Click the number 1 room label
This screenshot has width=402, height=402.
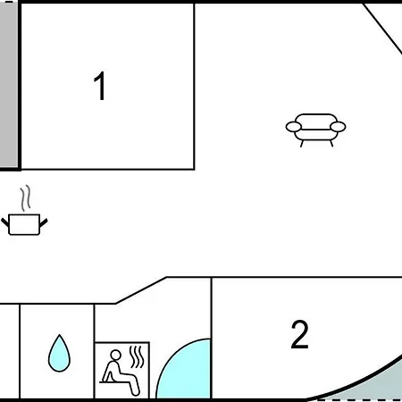pos(100,86)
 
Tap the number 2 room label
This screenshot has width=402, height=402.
pos(299,334)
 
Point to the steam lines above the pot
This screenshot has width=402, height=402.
pos(26,198)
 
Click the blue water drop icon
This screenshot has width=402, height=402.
pos(59,354)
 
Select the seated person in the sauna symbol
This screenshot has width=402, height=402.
pos(120,373)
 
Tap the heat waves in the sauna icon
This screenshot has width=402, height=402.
pos(137,356)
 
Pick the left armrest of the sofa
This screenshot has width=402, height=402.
pos(294,127)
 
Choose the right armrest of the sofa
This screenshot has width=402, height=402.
pos(338,127)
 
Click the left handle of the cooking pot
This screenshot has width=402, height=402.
pos(5,222)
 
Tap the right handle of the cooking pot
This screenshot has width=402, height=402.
pos(44,222)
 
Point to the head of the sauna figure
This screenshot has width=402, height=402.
pos(116,355)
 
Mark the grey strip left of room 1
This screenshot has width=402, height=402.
pos(9,85)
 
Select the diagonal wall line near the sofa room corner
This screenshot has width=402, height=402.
pos(382,29)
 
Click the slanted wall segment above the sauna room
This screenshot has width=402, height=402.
pos(141,290)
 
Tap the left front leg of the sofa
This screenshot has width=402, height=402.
pos(302,144)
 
